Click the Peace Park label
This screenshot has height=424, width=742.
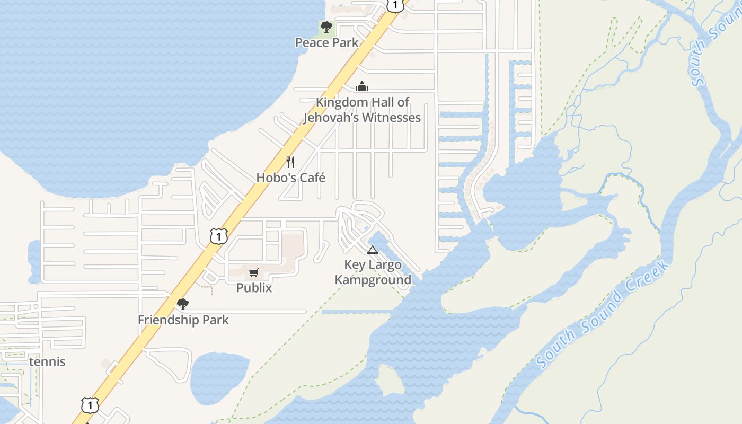coord(327,42)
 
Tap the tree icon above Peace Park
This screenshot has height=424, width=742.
coord(326,26)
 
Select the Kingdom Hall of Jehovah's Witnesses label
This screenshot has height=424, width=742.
coord(363,110)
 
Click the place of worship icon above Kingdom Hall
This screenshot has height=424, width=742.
coord(362,86)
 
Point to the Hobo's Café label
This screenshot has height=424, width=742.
coord(290,178)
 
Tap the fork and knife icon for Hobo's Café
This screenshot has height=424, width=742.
coord(290,162)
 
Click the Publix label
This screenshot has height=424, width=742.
coord(254,288)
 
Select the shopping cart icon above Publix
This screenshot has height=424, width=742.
coord(254,273)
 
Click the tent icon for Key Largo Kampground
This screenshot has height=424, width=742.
coord(373,250)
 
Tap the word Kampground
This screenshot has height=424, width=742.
coord(373,280)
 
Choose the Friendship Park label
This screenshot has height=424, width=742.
coord(183,320)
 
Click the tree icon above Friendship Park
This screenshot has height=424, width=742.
coord(183,304)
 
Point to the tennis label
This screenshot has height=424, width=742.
coord(48,362)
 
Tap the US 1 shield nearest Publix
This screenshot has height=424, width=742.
coord(218,236)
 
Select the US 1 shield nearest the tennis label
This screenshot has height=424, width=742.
coord(90,405)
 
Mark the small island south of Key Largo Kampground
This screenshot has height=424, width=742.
coord(391,381)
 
